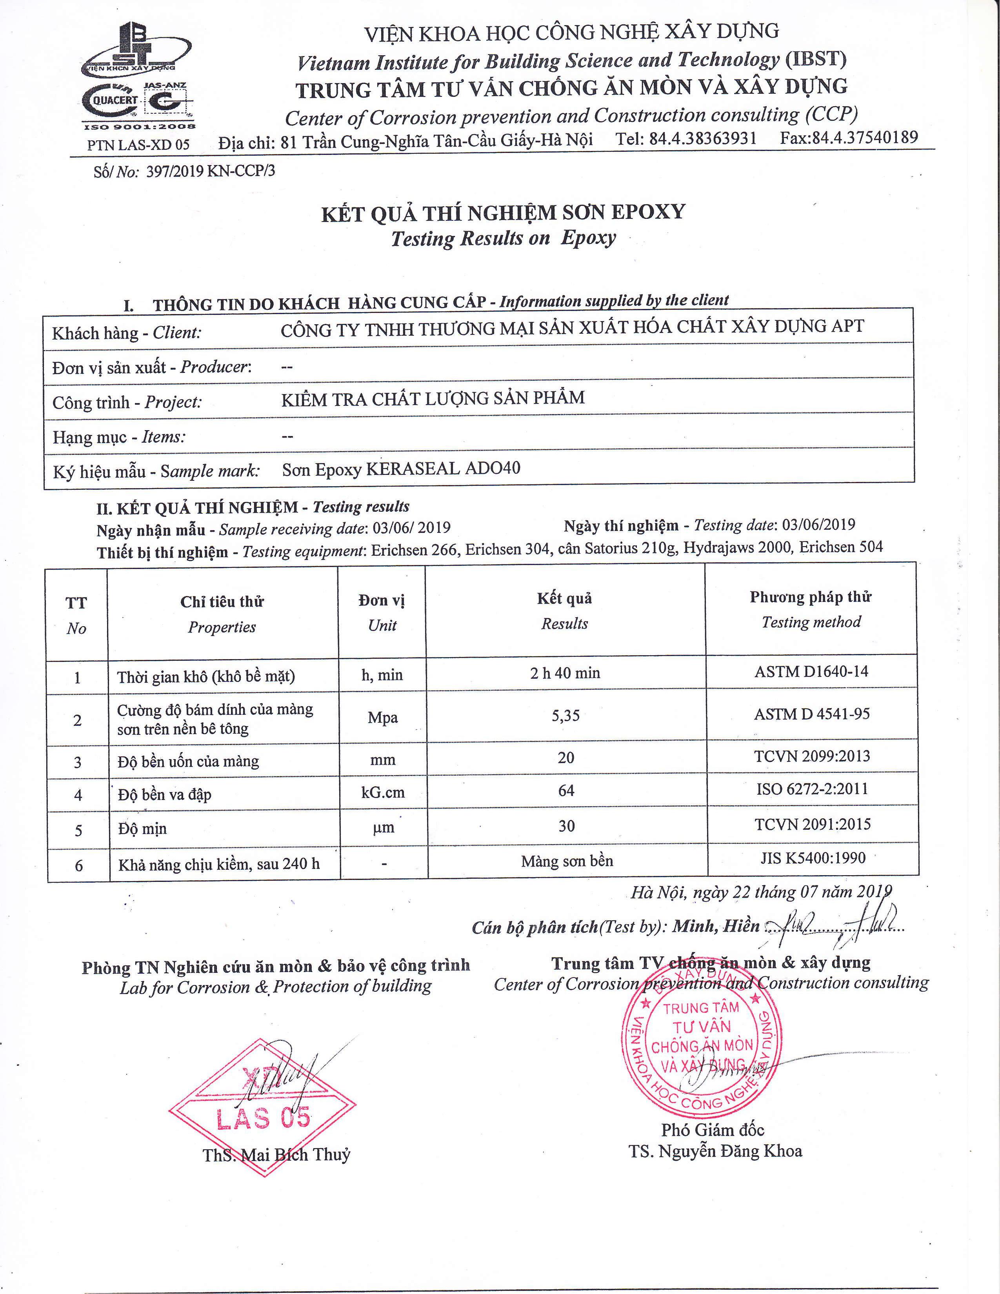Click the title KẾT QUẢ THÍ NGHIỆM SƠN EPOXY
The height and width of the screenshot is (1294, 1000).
pyautogui.click(x=503, y=213)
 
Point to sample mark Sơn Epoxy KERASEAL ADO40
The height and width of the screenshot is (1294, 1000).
pyautogui.click(x=401, y=469)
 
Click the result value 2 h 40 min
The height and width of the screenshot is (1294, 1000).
pyautogui.click(x=565, y=673)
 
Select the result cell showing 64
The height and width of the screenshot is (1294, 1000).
pyautogui.click(x=566, y=791)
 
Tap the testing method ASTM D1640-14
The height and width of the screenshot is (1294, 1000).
pyautogui.click(x=811, y=672)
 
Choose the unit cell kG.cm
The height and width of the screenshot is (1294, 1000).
pyautogui.click(x=383, y=792)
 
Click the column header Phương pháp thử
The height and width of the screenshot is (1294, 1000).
pyautogui.click(x=811, y=597)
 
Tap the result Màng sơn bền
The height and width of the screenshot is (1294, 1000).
pyautogui.click(x=567, y=861)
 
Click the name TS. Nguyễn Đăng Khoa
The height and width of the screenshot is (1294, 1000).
pyautogui.click(x=716, y=1151)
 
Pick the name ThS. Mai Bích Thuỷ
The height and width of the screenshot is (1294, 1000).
pyautogui.click(x=276, y=1155)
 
